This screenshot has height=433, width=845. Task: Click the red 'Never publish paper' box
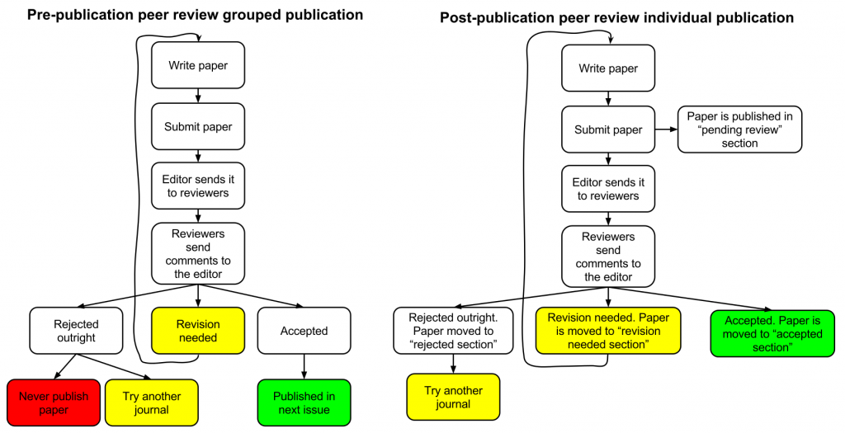54,402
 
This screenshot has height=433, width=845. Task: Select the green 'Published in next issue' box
304,402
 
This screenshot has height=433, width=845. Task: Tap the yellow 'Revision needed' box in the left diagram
198,331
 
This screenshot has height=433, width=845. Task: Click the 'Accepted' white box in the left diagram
304,331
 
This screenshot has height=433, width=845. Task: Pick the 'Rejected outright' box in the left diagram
76,331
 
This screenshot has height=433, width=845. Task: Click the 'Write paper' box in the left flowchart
198,65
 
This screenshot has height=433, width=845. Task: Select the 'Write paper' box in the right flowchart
608,68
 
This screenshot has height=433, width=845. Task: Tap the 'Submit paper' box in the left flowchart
198,126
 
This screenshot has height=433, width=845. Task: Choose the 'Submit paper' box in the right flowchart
608,129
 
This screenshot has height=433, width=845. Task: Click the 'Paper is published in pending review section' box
739,129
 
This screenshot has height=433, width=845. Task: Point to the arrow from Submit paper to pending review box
665,129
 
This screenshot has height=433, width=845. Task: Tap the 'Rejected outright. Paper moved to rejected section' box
453,331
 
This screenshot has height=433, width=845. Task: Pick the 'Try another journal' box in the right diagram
453,397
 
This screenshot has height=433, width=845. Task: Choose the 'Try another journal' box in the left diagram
151,402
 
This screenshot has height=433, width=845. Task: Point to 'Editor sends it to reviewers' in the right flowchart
608,189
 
